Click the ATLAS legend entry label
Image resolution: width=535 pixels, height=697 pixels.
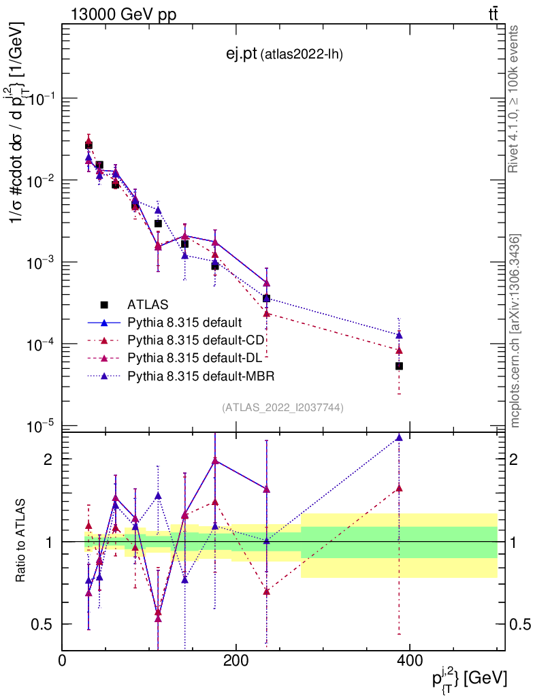click(x=148, y=304)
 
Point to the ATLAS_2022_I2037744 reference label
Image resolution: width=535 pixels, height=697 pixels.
click(x=282, y=408)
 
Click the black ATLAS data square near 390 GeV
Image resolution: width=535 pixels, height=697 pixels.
click(x=400, y=366)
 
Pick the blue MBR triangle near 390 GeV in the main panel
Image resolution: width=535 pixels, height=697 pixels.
click(x=400, y=335)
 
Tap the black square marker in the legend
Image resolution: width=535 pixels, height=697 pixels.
click(x=104, y=304)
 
